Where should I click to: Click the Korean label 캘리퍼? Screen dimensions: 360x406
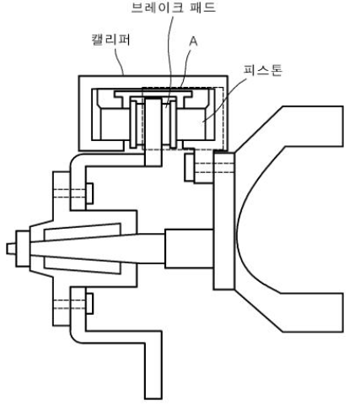[x=110, y=40]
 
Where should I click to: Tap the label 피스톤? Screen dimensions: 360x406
[x=263, y=70]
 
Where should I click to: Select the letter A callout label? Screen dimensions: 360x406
[x=193, y=41]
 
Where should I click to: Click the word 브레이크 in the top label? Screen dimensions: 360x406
[x=158, y=8]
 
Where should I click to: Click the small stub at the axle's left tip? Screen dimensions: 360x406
[x=11, y=249]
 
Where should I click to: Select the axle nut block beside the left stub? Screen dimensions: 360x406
[x=23, y=249]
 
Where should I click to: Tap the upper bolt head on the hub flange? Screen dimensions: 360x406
[x=89, y=193]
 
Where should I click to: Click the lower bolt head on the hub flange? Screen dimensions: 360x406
[x=89, y=303]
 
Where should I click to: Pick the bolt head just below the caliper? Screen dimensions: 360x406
[x=189, y=167]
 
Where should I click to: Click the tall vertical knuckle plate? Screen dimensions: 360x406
[x=223, y=221]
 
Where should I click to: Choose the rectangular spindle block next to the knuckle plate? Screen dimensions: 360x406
[x=189, y=248]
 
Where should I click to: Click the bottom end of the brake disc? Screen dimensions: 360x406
[x=153, y=165]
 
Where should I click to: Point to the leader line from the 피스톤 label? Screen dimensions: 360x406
[x=225, y=99]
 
